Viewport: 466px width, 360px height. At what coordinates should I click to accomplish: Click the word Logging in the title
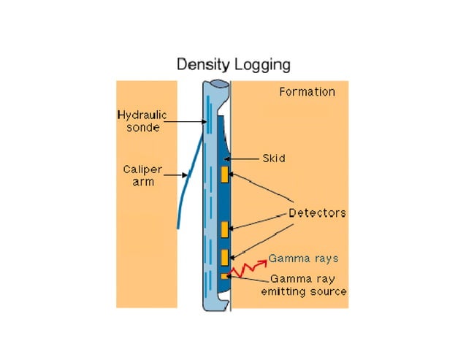pyautogui.click(x=264, y=65)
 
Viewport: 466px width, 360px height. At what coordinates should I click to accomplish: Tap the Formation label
pyautogui.click(x=307, y=92)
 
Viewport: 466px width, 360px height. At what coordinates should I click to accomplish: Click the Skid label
pyautogui.click(x=273, y=157)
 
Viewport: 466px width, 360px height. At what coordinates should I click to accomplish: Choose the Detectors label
pyautogui.click(x=317, y=213)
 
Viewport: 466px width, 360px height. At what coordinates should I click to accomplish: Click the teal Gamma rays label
pyautogui.click(x=303, y=258)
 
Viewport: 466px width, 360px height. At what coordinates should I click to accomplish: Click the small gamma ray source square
pyautogui.click(x=224, y=276)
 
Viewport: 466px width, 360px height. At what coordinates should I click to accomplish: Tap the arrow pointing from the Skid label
pyautogui.click(x=242, y=157)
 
